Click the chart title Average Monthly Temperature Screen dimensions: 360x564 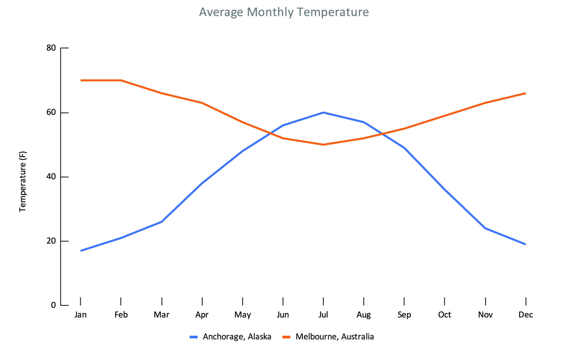click(x=284, y=12)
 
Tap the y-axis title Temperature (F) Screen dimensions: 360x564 click(x=23, y=181)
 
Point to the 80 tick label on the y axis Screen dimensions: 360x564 click(x=51, y=48)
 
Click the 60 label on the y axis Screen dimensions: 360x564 click(x=51, y=112)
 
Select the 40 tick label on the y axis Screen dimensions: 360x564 click(x=51, y=177)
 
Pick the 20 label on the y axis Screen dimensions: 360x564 click(x=51, y=241)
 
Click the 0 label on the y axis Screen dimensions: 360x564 click(x=53, y=305)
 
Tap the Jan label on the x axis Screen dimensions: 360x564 click(x=80, y=315)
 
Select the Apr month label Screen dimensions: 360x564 click(x=202, y=315)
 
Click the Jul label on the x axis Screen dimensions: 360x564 click(x=323, y=315)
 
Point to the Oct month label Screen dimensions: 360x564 click(x=444, y=315)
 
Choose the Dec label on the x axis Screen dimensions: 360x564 click(x=525, y=315)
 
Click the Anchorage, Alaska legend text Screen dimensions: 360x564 click(x=237, y=337)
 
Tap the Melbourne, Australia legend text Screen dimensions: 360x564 click(x=335, y=337)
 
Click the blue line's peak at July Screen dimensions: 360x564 click(x=323, y=112)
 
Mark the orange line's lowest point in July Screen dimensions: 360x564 click(x=323, y=144)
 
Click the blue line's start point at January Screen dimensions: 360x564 click(x=81, y=250)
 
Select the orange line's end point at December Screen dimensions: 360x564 click(x=525, y=93)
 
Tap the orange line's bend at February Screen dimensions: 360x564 click(x=121, y=80)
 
